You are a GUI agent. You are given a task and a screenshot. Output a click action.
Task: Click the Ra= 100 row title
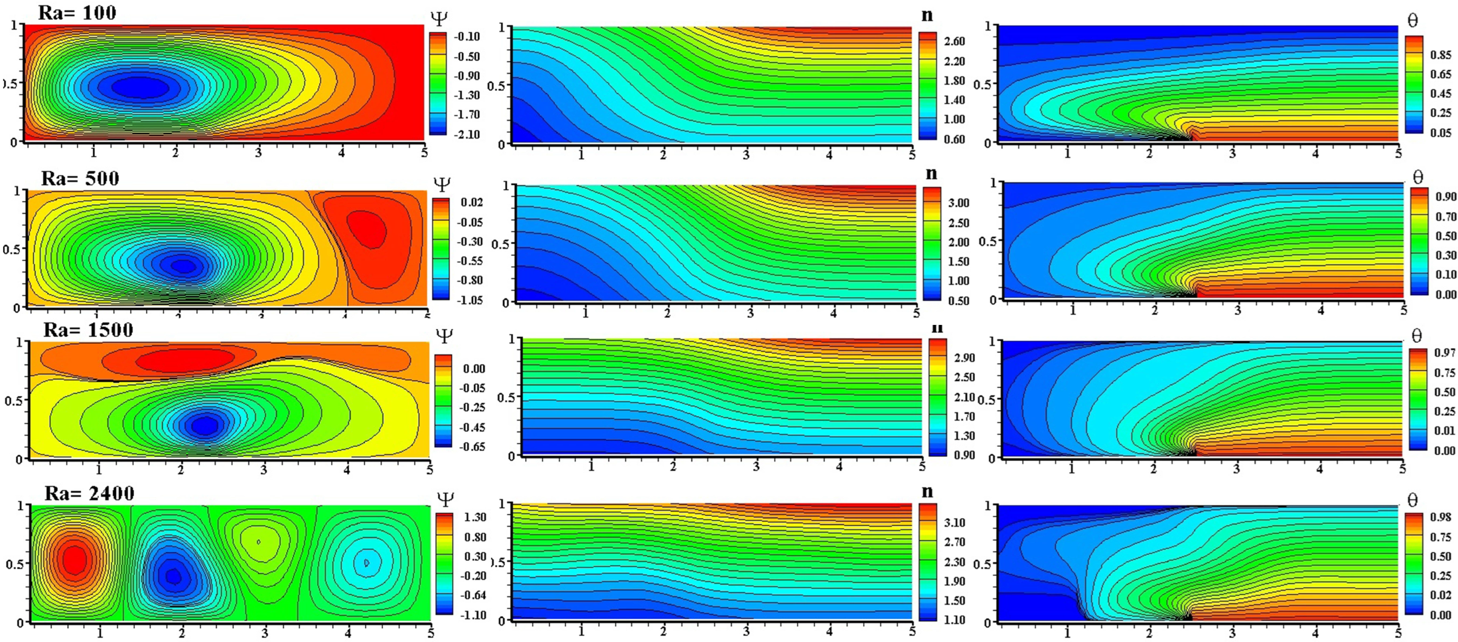click(x=77, y=12)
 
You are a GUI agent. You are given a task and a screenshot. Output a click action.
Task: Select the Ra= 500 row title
click(x=80, y=178)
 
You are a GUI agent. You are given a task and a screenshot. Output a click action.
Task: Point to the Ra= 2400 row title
click(x=89, y=493)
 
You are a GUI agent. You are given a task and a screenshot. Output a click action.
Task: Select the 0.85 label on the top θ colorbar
click(x=1440, y=55)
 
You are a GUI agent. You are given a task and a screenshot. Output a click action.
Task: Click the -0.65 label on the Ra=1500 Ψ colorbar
click(x=471, y=447)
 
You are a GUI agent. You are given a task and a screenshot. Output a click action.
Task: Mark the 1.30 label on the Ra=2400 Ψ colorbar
click(x=475, y=517)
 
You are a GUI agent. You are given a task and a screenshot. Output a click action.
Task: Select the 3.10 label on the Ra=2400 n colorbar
click(x=954, y=523)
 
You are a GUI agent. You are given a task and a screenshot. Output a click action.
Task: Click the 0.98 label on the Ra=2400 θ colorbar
click(x=1440, y=517)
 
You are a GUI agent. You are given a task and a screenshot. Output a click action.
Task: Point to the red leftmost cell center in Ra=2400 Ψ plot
click(x=73, y=559)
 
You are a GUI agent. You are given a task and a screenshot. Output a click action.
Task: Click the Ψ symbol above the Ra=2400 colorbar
click(x=445, y=499)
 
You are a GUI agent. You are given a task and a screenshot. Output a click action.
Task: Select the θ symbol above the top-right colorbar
click(x=1413, y=21)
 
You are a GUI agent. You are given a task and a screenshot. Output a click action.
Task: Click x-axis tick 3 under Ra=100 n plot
click(x=746, y=154)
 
